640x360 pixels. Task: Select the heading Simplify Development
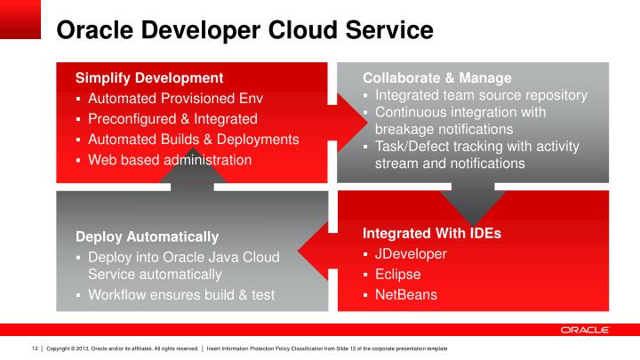(x=148, y=77)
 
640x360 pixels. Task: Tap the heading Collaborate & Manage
(x=436, y=77)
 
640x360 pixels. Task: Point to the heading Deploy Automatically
(x=147, y=236)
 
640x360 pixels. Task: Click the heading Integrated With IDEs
(x=432, y=234)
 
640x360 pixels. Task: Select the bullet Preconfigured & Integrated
(x=172, y=118)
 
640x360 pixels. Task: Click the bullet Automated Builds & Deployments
(x=193, y=140)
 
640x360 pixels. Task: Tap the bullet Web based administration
(x=170, y=160)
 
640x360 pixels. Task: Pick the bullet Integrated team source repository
(x=481, y=95)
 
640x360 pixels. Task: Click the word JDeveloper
(x=411, y=254)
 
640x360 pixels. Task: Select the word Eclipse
(x=397, y=275)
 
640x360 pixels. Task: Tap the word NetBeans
(x=406, y=294)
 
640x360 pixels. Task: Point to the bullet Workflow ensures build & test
(x=181, y=295)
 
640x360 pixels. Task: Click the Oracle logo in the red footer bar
(x=584, y=330)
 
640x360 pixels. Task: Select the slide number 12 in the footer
(x=35, y=348)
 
